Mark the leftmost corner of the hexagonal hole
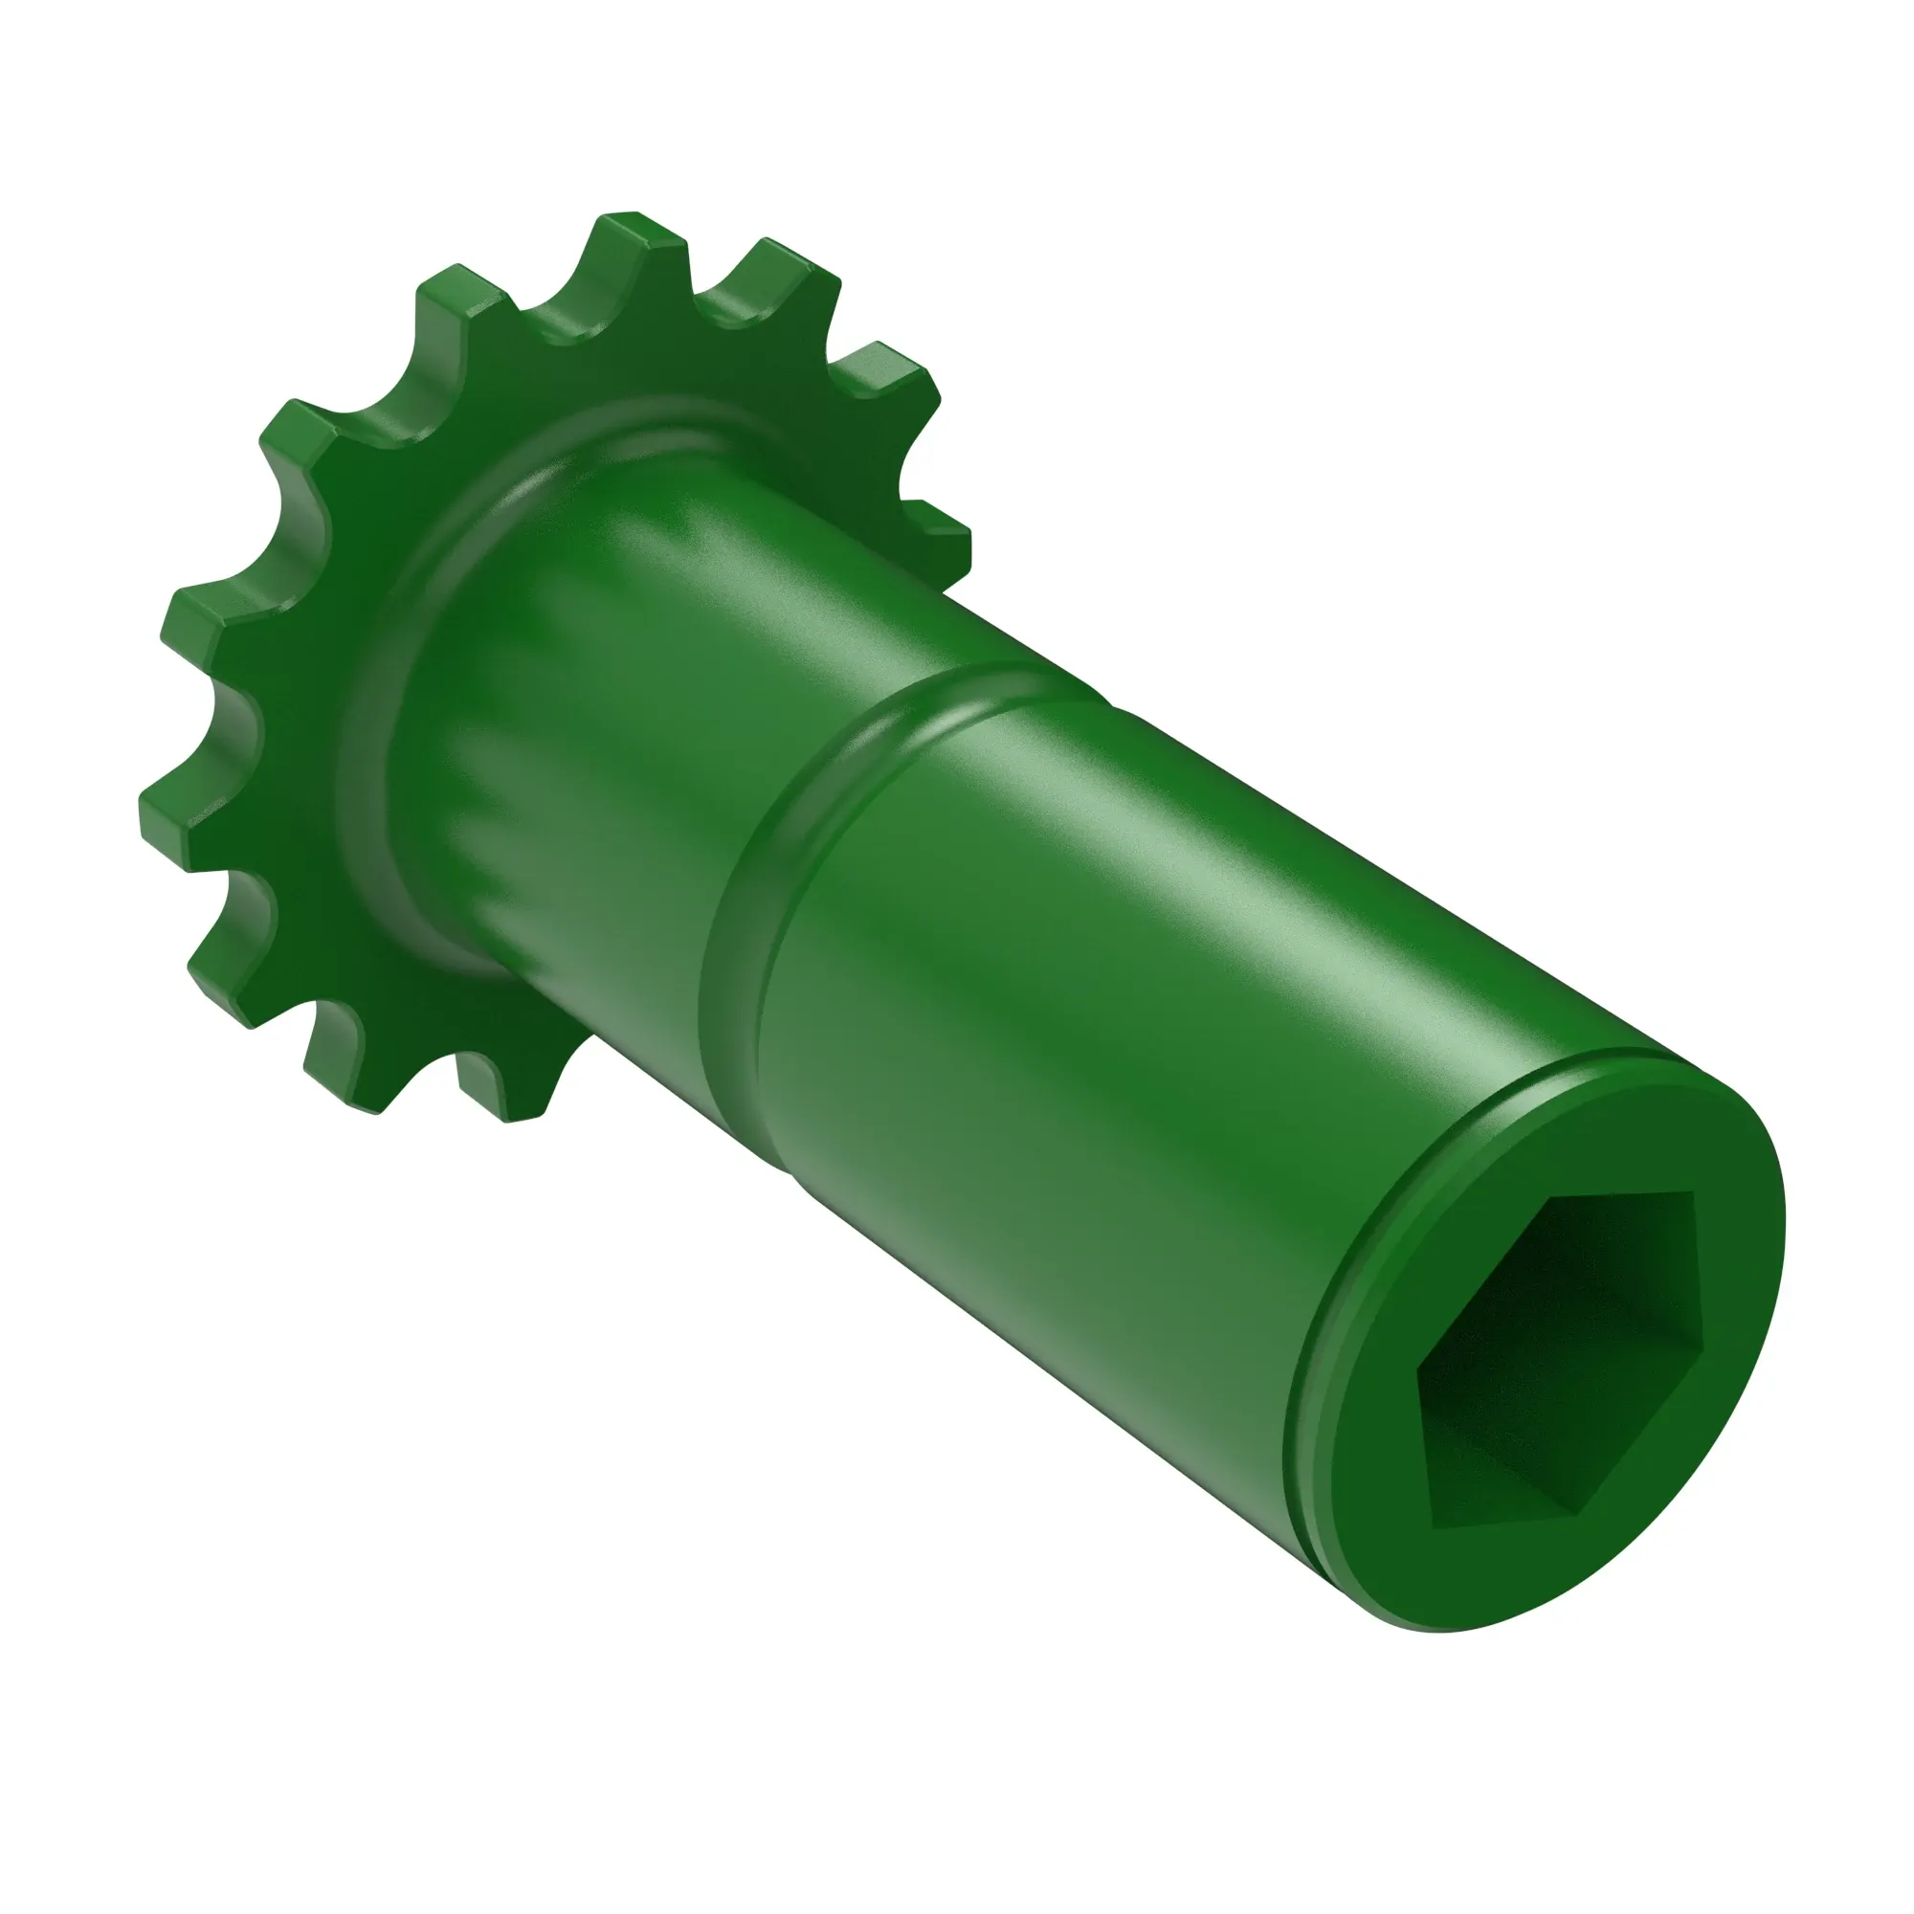pyautogui.click(x=1418, y=1372)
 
